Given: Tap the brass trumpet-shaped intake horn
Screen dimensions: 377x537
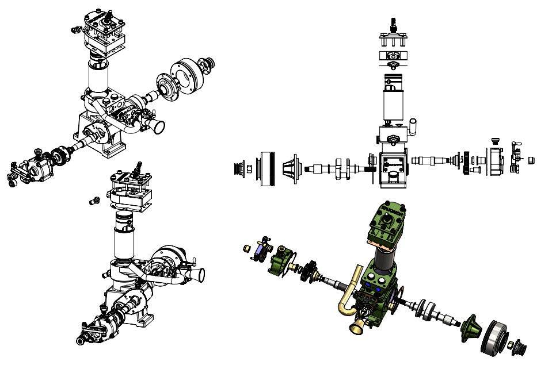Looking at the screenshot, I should [x=355, y=326].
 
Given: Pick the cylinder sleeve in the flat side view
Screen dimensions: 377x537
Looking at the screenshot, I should [x=395, y=106].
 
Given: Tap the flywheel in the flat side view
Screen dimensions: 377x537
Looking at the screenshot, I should [x=267, y=168].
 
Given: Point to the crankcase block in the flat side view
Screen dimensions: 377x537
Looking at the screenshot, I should [x=392, y=167].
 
